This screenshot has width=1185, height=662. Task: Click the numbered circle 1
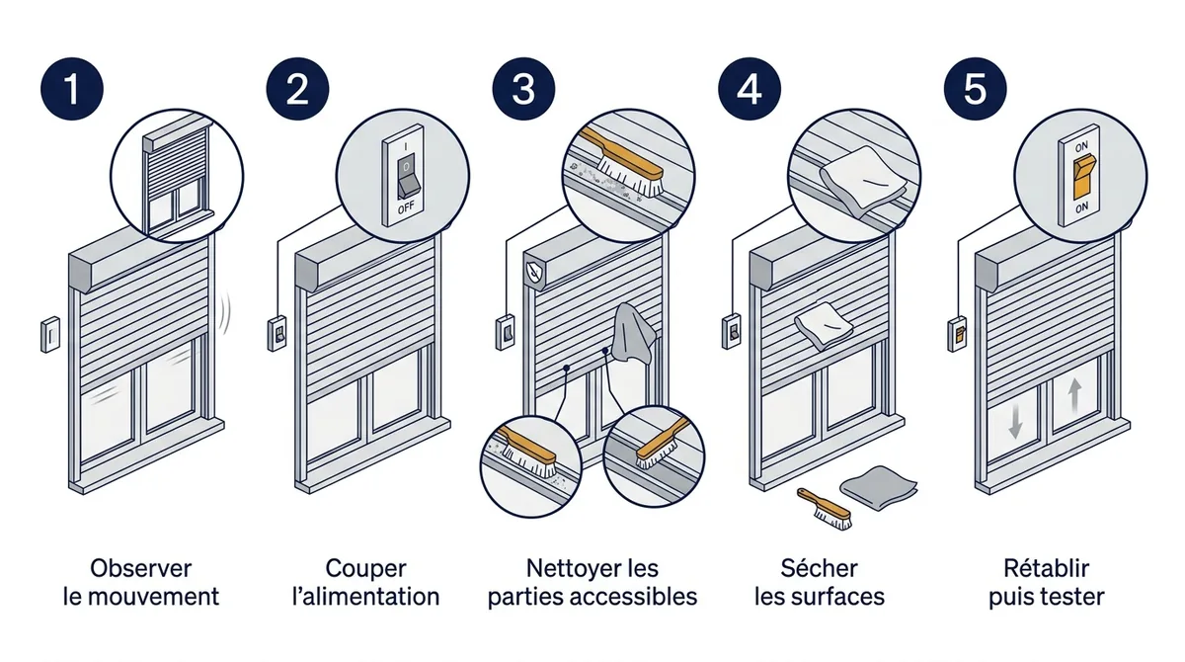click(72, 89)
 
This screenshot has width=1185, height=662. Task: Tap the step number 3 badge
click(523, 89)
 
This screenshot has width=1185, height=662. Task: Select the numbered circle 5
click(976, 89)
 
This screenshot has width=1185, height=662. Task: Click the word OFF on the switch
click(406, 207)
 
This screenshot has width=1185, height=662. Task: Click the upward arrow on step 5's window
click(1074, 396)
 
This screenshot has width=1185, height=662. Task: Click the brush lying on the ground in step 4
click(825, 509)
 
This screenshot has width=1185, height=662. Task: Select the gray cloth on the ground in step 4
click(879, 488)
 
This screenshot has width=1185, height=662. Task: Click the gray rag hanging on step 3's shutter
click(632, 333)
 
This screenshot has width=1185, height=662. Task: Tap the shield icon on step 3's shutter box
click(534, 274)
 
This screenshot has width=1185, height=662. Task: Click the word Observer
click(140, 568)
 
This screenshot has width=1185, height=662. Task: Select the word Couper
click(366, 569)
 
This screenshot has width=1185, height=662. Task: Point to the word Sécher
click(819, 568)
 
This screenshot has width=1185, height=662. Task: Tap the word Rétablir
click(1046, 568)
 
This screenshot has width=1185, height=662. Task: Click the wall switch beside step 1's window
click(50, 334)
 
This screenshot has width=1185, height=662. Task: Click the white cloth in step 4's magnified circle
click(862, 181)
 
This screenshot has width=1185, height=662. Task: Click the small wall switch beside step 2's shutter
click(276, 333)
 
